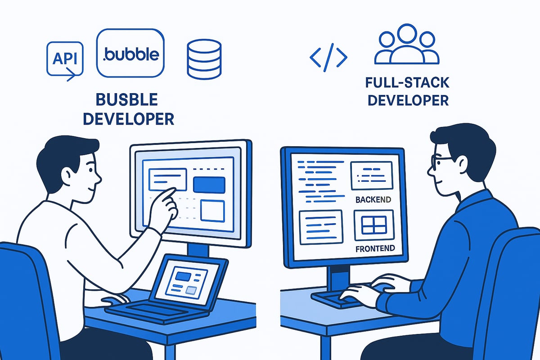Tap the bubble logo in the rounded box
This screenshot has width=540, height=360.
130,53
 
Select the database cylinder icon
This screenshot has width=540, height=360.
204,59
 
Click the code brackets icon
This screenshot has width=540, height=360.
328,58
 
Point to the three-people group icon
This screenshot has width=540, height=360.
407,44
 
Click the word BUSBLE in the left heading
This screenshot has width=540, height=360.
127,99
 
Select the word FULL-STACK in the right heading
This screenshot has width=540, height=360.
407,82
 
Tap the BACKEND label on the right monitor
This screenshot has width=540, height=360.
373,200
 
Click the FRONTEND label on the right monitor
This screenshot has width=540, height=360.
375,248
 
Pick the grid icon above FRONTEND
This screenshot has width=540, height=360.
374,225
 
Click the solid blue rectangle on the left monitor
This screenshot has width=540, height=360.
209,185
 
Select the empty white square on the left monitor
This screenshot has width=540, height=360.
212,211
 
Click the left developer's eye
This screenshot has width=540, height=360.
90,170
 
